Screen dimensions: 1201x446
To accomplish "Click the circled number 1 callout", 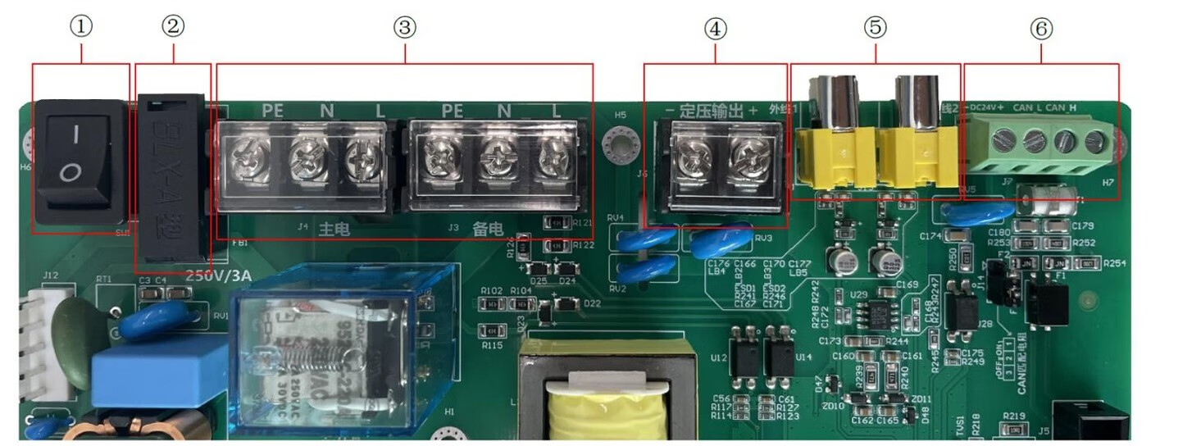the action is [x=80, y=27].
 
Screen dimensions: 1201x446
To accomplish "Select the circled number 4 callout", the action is [x=715, y=29].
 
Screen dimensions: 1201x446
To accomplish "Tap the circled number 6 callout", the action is [x=1040, y=29].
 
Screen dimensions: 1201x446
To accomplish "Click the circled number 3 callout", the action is [x=403, y=27].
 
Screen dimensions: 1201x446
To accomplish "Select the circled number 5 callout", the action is [x=875, y=27].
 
